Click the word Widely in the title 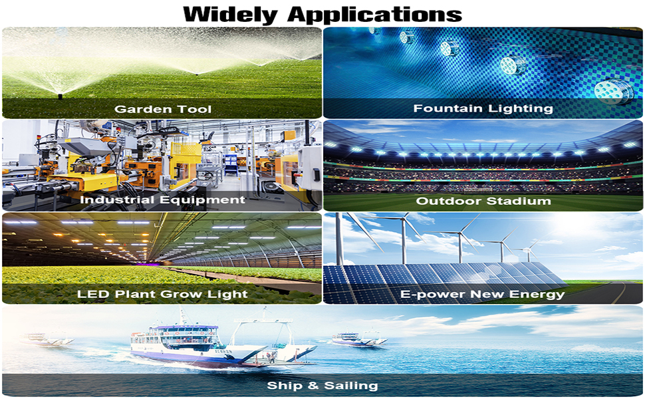click(x=231, y=15)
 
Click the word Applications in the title click(x=374, y=15)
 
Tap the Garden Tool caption click(x=163, y=109)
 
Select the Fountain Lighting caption click(x=483, y=108)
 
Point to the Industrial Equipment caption click(x=162, y=200)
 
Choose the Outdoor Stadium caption click(x=483, y=201)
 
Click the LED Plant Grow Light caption click(x=162, y=294)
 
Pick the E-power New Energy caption click(x=482, y=295)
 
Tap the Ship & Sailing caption click(x=322, y=386)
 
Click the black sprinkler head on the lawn click(x=60, y=96)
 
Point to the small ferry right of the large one click(x=358, y=339)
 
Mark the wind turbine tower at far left click(x=339, y=239)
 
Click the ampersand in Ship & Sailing click(x=313, y=386)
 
